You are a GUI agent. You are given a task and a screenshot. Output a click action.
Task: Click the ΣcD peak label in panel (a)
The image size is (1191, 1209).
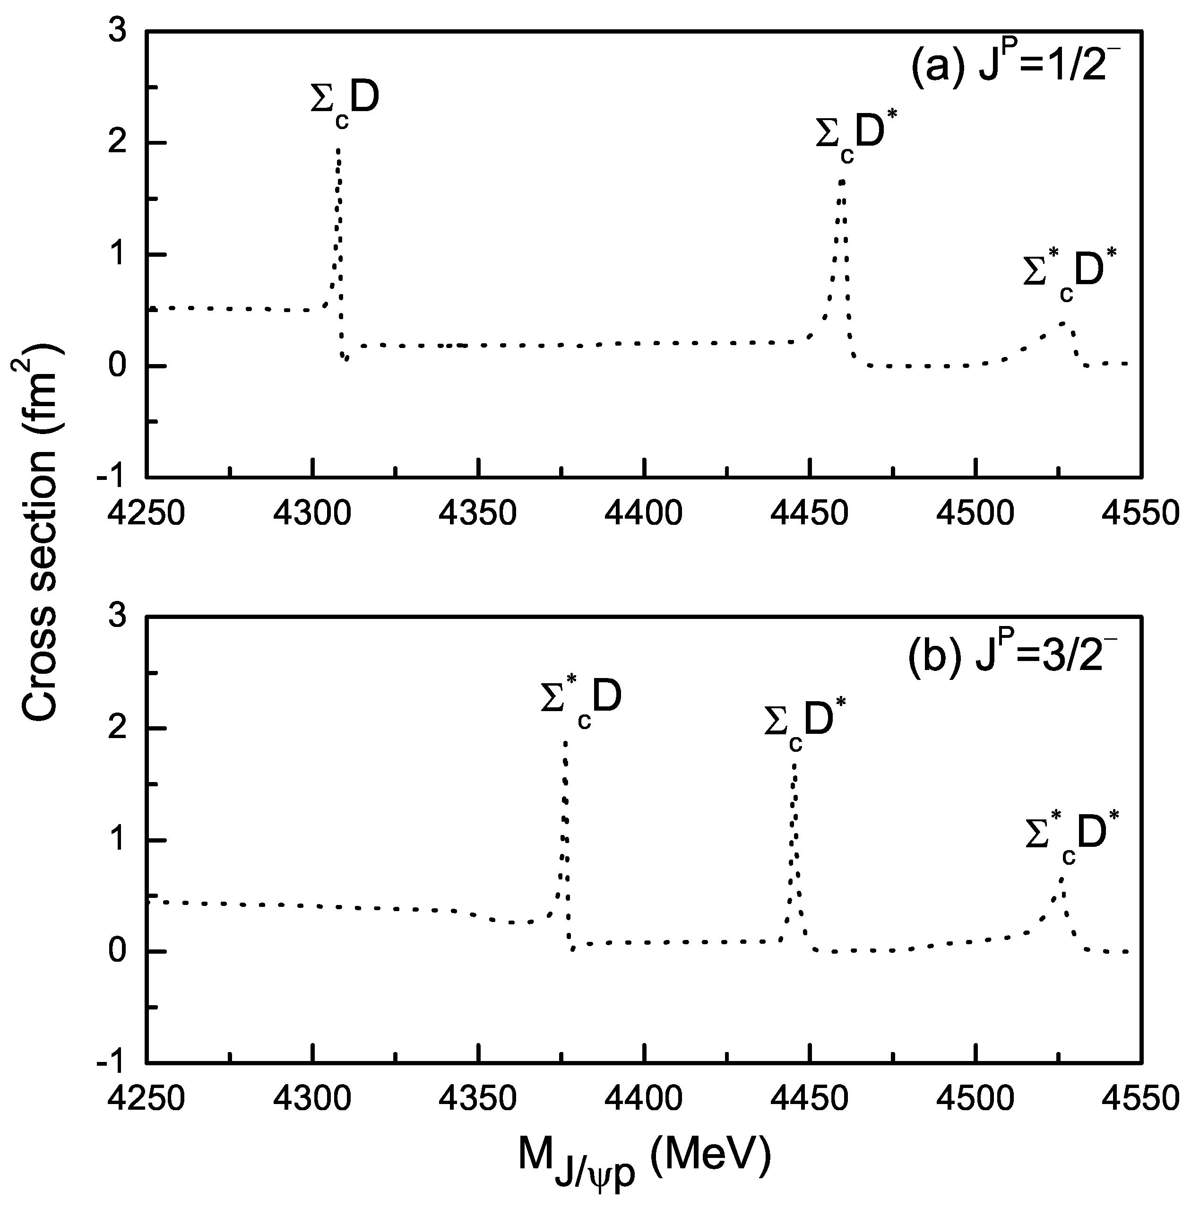click(x=345, y=103)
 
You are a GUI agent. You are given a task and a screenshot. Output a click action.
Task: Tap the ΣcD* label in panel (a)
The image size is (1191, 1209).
click(x=851, y=138)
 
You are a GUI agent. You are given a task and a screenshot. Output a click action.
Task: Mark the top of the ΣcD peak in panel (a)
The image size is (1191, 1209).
click(x=338, y=150)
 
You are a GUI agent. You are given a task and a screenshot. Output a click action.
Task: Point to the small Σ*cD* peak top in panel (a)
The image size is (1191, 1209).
click(x=1062, y=323)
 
